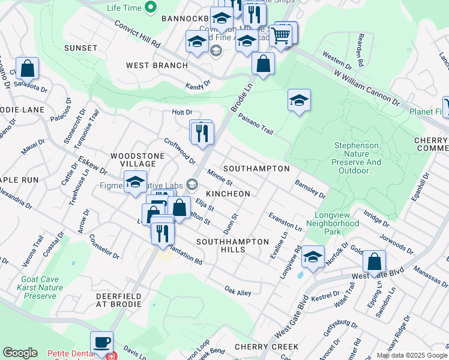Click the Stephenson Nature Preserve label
coord(357,158)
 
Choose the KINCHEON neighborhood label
coord(228,194)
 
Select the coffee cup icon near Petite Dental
coord(101,341)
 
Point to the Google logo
coord(20,353)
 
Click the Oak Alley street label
coord(238,292)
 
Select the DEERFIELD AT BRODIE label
coord(118,300)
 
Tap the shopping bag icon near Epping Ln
coord(374,262)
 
